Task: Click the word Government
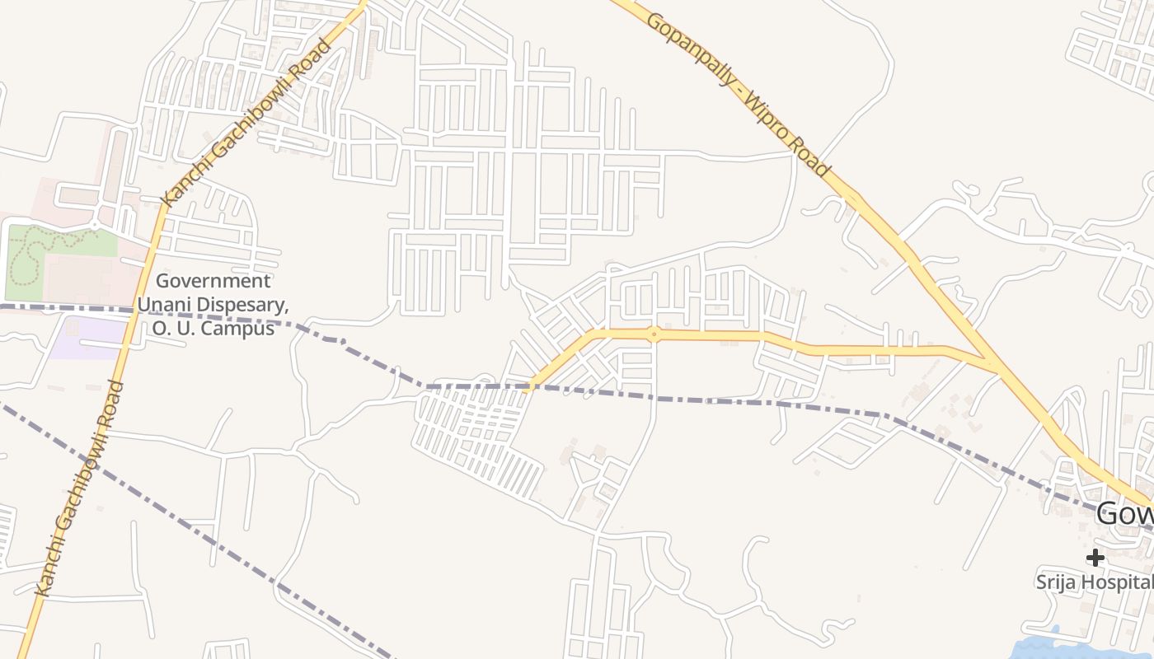(213, 282)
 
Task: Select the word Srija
(1057, 582)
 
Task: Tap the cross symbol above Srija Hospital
(1095, 558)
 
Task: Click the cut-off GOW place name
(1126, 515)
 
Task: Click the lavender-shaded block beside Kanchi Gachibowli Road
(87, 338)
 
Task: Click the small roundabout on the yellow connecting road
(654, 334)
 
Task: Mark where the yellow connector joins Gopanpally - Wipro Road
(993, 363)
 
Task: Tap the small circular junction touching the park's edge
(96, 223)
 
